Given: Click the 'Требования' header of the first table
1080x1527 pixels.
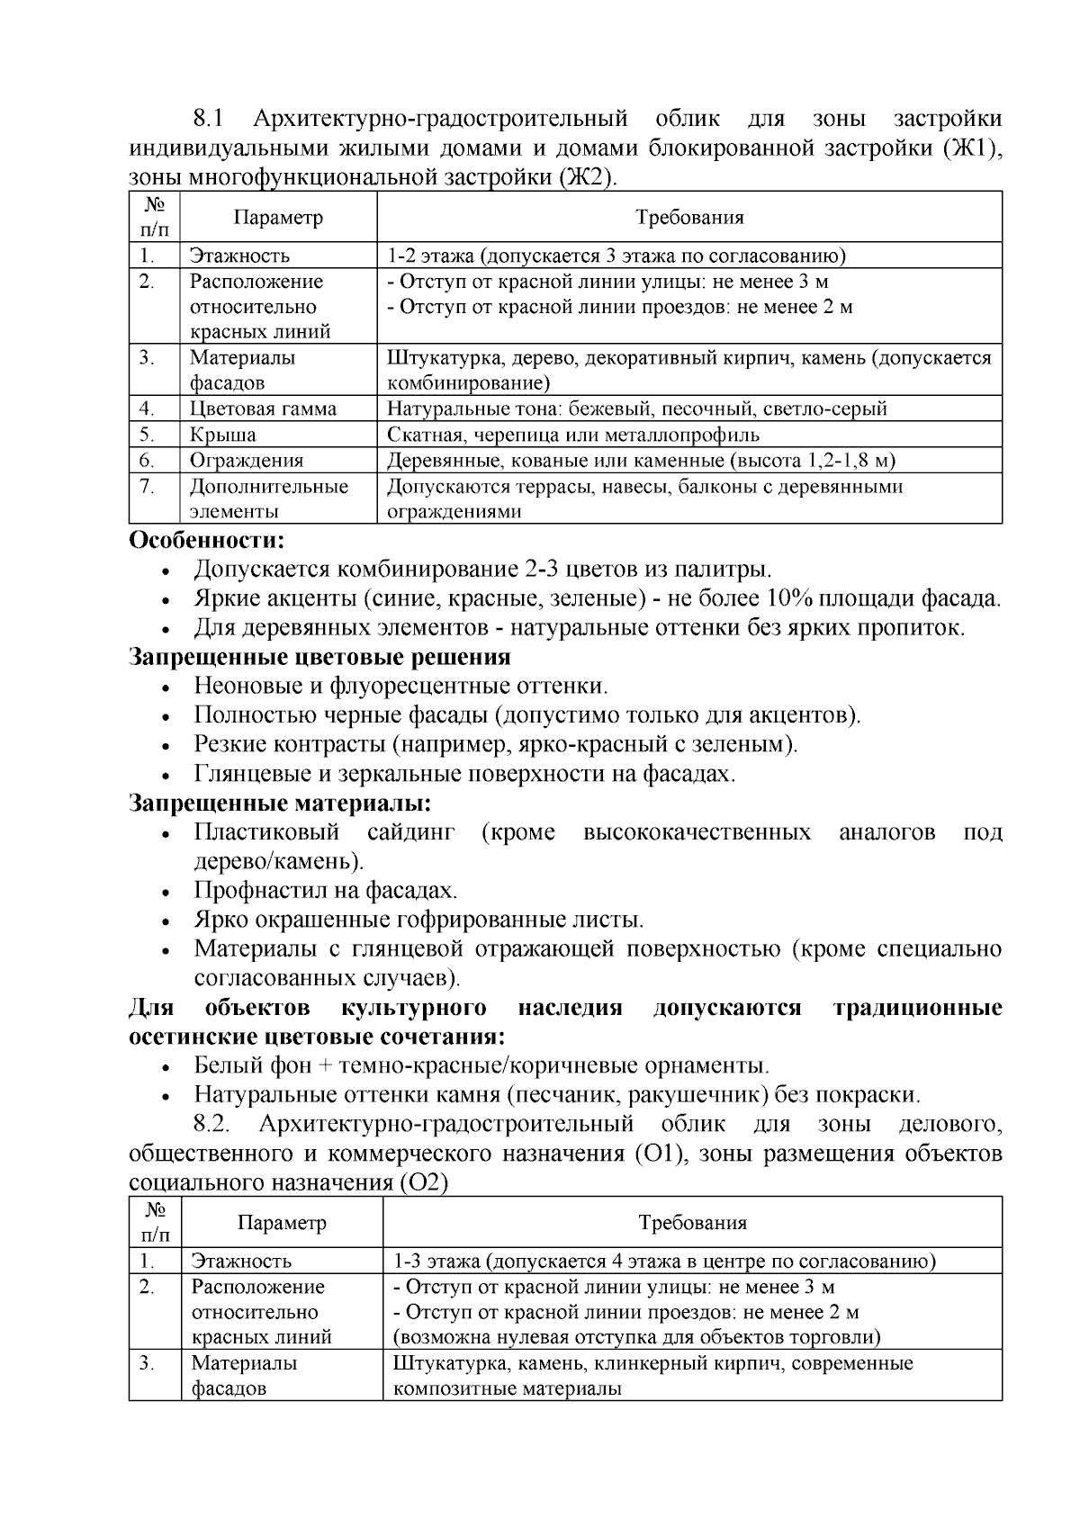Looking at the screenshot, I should [x=689, y=218].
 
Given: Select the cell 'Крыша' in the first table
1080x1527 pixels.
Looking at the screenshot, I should [x=222, y=436].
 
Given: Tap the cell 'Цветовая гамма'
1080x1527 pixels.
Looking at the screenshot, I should [x=263, y=409].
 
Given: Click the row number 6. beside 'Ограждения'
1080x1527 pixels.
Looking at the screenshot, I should [x=148, y=461].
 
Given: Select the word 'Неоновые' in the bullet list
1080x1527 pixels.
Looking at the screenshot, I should [x=248, y=687].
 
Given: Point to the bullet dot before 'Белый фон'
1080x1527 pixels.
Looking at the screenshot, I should [x=166, y=1068].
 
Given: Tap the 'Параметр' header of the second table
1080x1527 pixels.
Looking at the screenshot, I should [x=282, y=1223].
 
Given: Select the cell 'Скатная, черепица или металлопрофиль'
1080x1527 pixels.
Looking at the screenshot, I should [x=573, y=436].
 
